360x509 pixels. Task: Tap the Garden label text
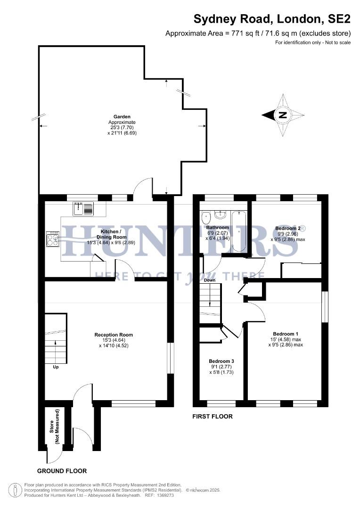click(122, 116)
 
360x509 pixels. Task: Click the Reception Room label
click(114, 335)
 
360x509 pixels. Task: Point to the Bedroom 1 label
click(282, 333)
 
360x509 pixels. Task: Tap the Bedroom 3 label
click(221, 361)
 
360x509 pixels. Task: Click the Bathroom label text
click(217, 227)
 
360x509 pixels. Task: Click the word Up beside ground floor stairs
click(56, 366)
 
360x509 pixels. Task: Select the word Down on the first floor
click(210, 280)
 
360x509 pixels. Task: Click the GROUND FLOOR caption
click(62, 471)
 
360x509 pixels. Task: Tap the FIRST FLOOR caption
click(212, 417)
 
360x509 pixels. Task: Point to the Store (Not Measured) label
click(55, 427)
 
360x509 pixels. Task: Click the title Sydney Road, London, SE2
click(272, 19)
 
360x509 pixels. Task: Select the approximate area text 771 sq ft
click(258, 33)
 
